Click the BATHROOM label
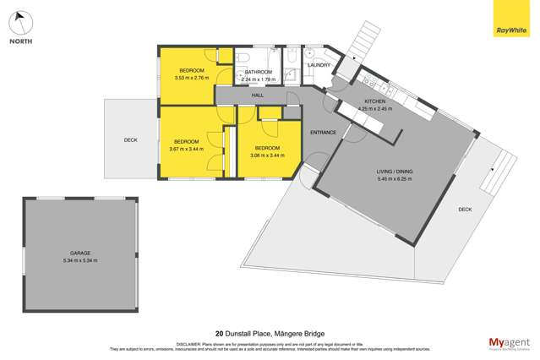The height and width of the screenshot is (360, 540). tap(258, 72)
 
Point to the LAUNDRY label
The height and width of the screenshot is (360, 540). tap(319, 64)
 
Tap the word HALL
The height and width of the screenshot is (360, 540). tap(258, 95)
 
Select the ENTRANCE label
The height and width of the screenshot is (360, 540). tap(324, 133)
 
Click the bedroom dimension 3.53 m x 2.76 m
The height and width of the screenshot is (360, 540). tap(191, 79)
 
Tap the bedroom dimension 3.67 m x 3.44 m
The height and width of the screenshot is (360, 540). tap(187, 149)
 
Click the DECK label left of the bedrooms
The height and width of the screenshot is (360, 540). tap(130, 140)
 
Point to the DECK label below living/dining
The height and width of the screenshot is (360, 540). tap(465, 209)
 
